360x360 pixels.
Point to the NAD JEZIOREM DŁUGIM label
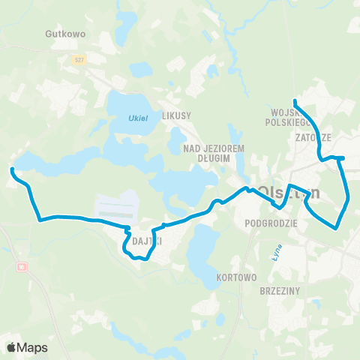pos(214,153)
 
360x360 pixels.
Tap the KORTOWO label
pos(235,277)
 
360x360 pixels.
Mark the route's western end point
pos(11,170)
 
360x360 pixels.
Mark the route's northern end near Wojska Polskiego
pos(295,101)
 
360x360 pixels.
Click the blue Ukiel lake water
pos(127,105)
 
